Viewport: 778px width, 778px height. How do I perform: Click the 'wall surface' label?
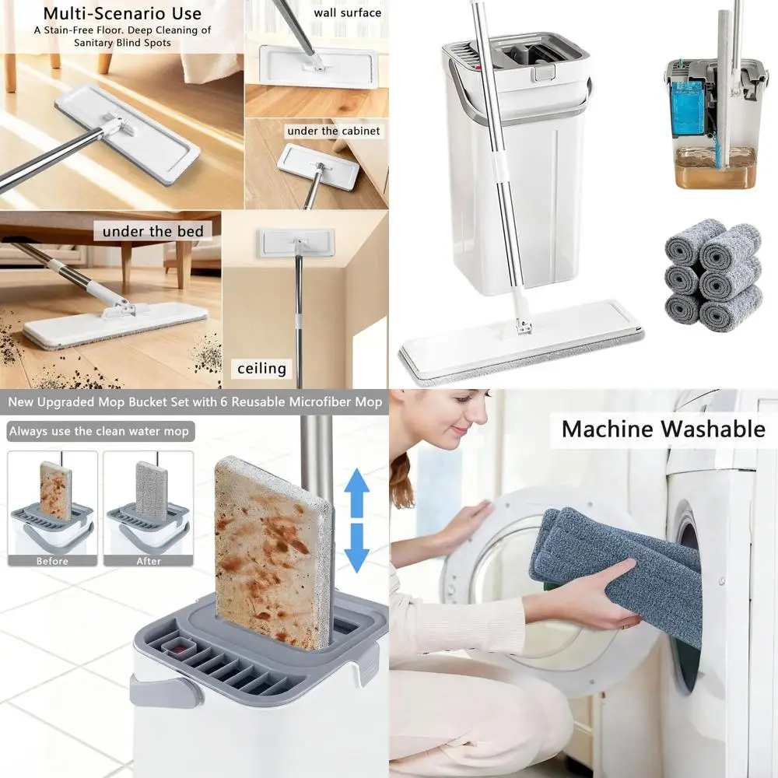coord(347,12)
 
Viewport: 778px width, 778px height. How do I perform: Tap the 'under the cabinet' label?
coord(334,131)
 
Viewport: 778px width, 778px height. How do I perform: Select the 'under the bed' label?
coord(152,231)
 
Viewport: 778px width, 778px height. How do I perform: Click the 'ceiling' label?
coord(261,368)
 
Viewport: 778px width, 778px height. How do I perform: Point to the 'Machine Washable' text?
coord(663,429)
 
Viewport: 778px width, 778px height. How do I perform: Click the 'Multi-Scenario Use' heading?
coord(122,13)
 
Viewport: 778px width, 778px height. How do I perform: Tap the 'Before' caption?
coord(52,560)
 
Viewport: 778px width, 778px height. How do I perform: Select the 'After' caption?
coord(149,560)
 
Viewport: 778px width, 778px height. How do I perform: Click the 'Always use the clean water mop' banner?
coord(99,431)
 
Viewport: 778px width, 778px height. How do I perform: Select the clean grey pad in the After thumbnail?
coord(152,490)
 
